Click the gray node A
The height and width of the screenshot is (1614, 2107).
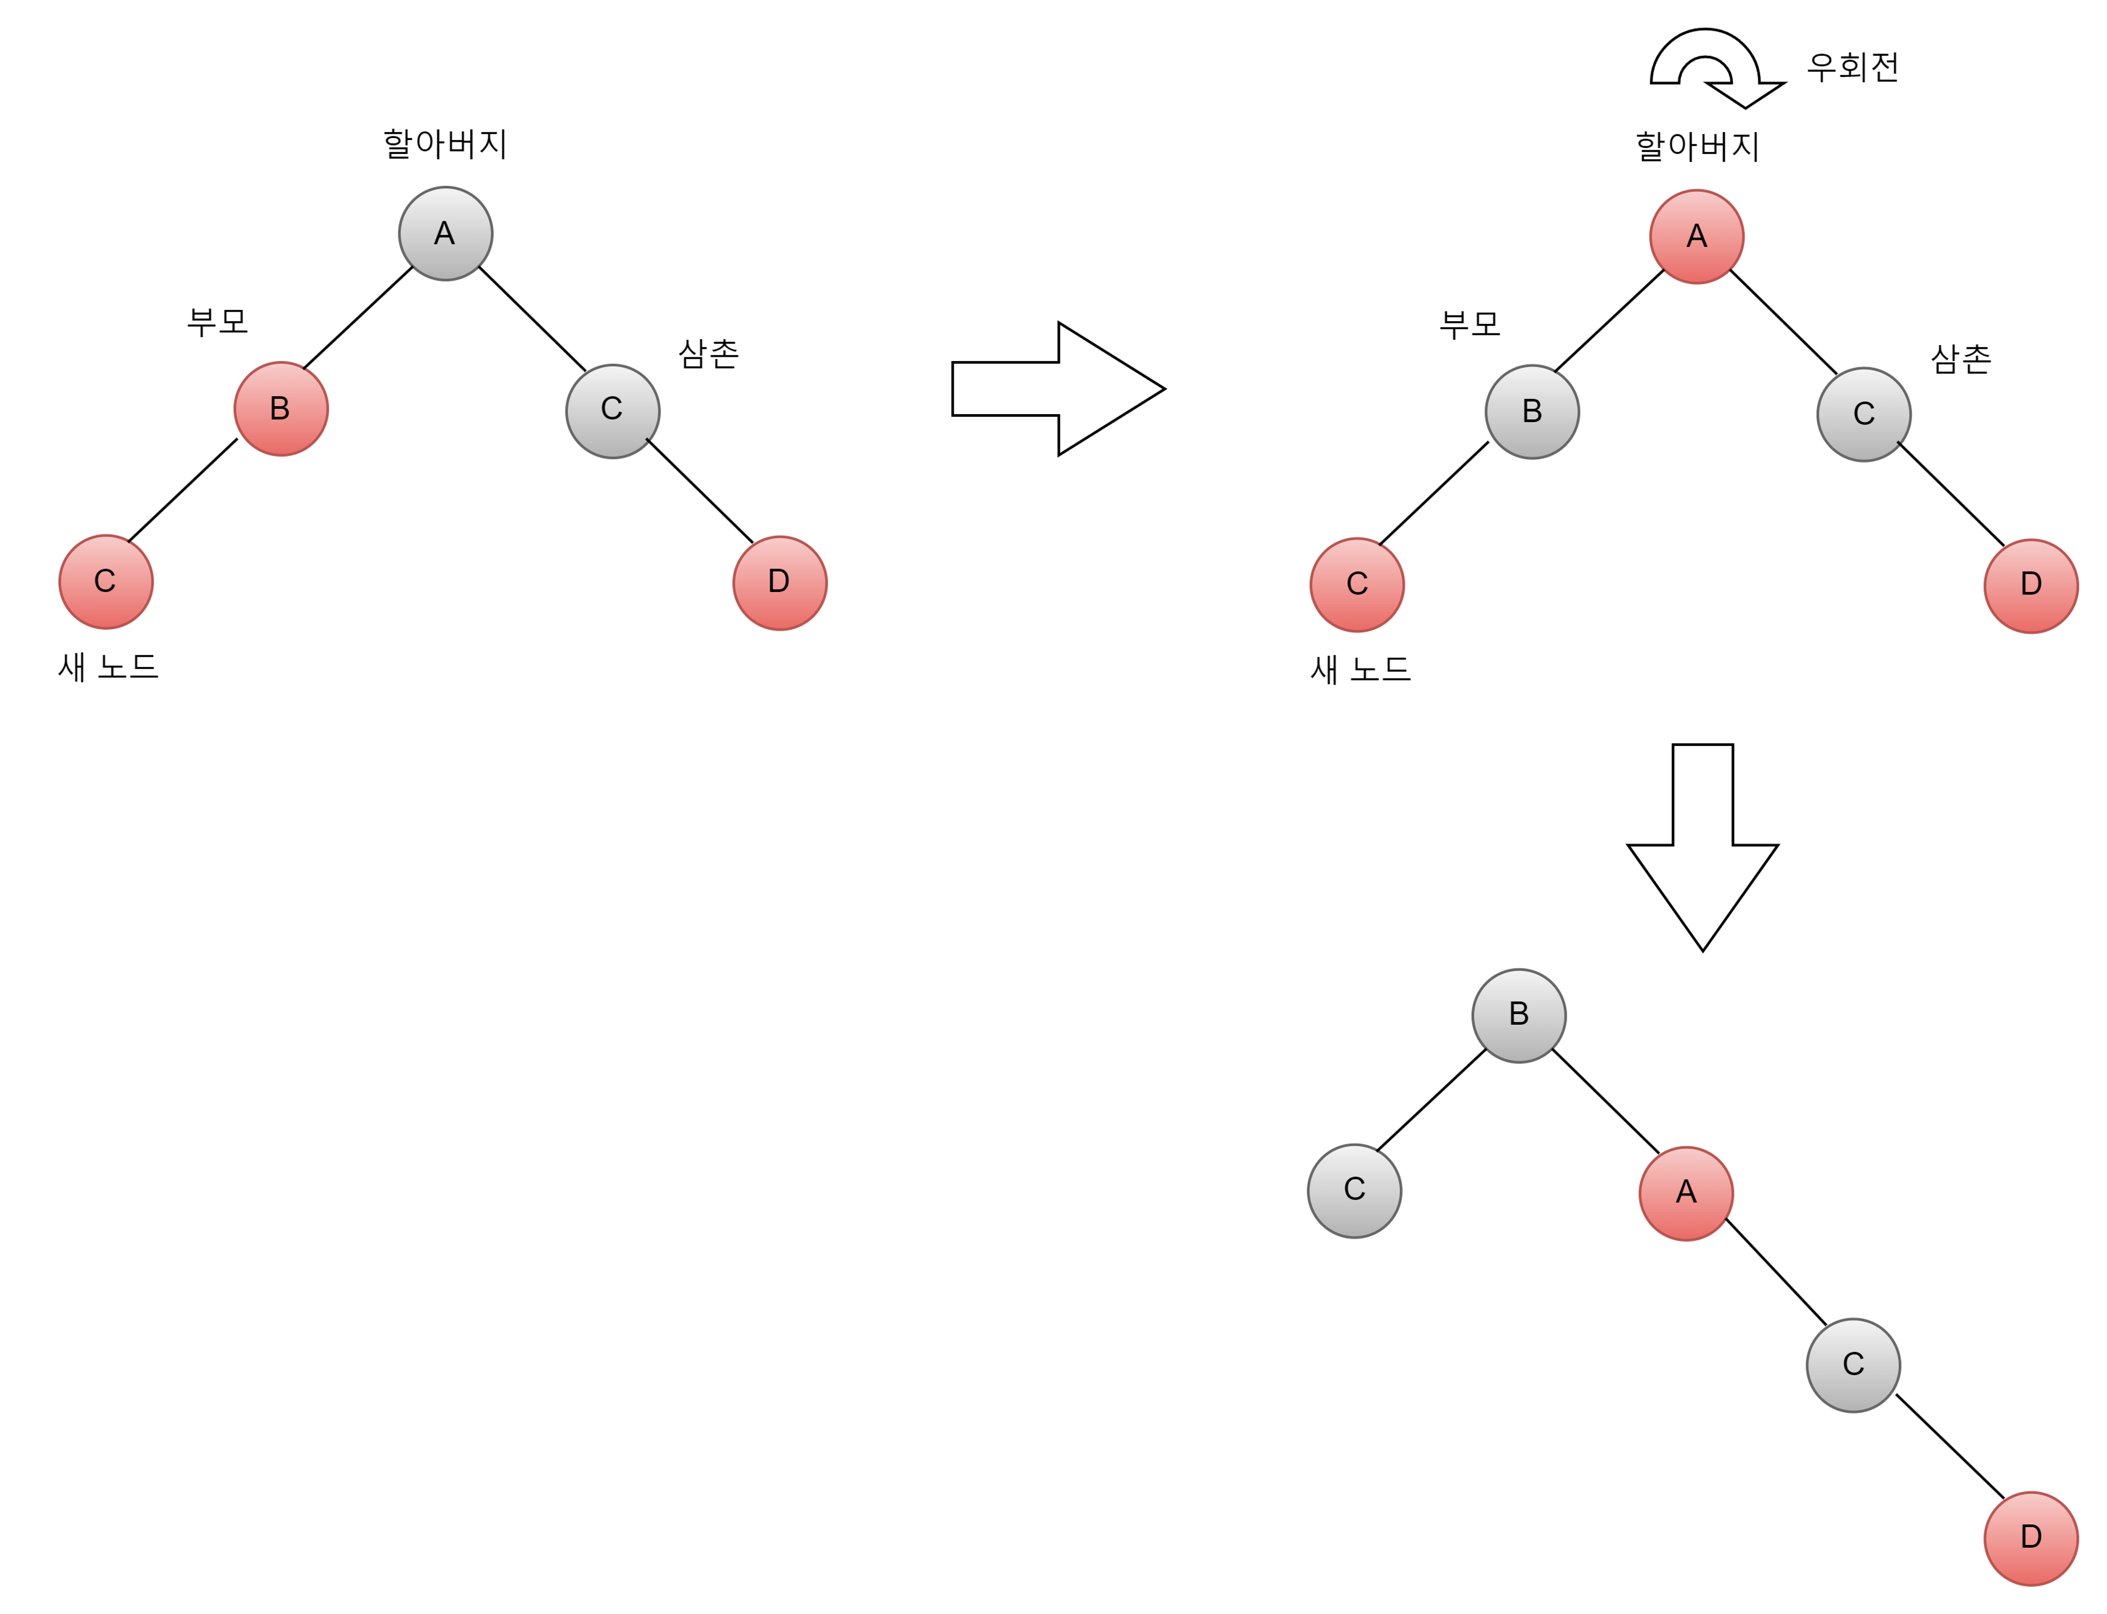coord(446,234)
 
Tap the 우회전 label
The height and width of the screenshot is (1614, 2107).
coord(1852,66)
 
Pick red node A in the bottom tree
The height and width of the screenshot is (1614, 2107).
coord(1686,1193)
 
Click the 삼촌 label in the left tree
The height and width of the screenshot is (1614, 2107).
coord(709,354)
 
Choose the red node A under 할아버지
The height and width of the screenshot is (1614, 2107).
coord(1697,236)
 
